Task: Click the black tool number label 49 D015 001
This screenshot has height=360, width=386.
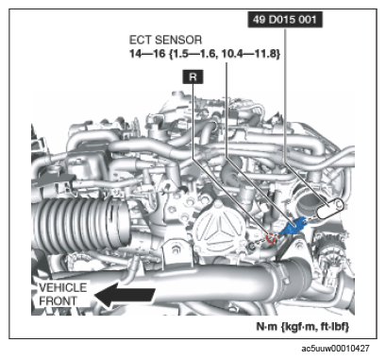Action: (x=285, y=20)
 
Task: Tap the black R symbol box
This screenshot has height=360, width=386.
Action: (x=193, y=77)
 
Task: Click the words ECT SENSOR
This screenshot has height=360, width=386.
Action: (x=165, y=40)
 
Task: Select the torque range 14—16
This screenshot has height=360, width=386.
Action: (x=147, y=54)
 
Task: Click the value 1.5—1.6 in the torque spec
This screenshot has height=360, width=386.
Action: (x=194, y=54)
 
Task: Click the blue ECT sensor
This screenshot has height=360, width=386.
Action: (x=293, y=227)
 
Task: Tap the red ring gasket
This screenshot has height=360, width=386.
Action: (x=271, y=238)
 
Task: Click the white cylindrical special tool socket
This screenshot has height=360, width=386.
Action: (x=328, y=209)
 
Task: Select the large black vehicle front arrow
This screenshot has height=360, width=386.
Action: (x=125, y=295)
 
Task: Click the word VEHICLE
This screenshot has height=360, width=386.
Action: (x=62, y=287)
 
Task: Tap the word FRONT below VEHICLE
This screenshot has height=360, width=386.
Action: (x=58, y=300)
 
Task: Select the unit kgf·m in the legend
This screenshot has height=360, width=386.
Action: (x=300, y=326)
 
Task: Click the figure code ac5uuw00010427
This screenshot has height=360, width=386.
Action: (x=335, y=349)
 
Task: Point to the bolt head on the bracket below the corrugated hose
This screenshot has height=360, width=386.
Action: (x=175, y=251)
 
